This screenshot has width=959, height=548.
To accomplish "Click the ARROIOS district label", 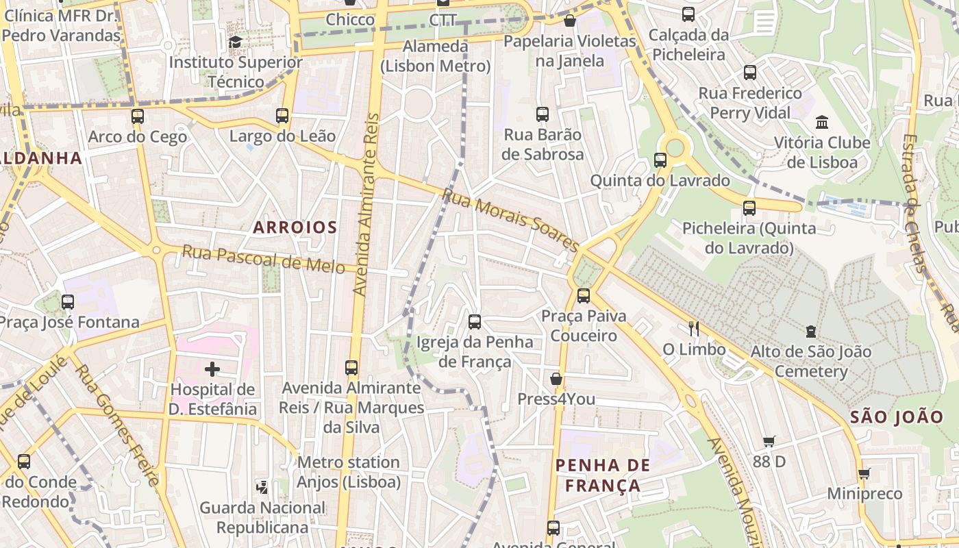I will (295, 227).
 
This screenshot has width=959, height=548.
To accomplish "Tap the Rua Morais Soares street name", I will (510, 220).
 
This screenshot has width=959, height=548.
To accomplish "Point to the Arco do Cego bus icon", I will (138, 116).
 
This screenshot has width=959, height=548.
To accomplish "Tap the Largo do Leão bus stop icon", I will (282, 115).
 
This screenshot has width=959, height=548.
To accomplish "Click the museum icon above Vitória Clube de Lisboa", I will (821, 123).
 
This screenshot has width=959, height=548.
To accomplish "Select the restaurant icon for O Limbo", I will (694, 329).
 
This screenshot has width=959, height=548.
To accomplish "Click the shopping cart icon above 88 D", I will (769, 442).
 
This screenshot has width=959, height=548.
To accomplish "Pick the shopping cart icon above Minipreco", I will (864, 473).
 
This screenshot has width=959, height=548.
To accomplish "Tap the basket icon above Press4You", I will (556, 379).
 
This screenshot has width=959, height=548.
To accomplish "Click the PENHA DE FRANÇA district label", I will (603, 475).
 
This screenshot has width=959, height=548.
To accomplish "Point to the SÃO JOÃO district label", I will (897, 416).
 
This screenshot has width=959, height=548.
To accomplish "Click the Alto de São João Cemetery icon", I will (811, 332).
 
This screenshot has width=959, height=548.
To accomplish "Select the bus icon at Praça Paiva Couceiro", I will (583, 296).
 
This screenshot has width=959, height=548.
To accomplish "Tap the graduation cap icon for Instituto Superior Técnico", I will (236, 42).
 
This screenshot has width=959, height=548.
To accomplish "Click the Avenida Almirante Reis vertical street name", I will (366, 206).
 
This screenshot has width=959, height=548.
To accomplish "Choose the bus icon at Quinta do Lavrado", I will (660, 160).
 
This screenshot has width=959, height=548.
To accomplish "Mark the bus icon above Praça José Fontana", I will (68, 301).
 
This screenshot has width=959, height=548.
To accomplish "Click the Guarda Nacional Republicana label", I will (262, 517).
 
